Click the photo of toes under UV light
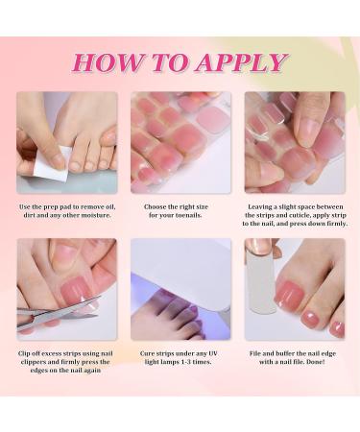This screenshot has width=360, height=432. click(x=180, y=288)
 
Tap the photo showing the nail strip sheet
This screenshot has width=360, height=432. click(x=180, y=142)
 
